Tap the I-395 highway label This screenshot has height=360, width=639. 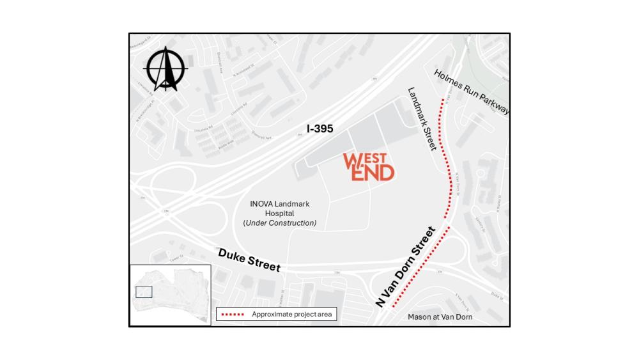pyautogui.click(x=319, y=129)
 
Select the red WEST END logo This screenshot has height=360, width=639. pyautogui.click(x=369, y=167)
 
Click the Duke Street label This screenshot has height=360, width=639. pyautogui.click(x=249, y=260)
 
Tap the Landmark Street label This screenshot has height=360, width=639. pyautogui.click(x=422, y=119)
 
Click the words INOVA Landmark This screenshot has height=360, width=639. pyautogui.click(x=279, y=204)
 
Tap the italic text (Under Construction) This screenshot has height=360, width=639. pyautogui.click(x=279, y=223)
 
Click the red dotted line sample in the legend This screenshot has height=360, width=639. pyautogui.click(x=232, y=315)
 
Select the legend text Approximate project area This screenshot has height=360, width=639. pyautogui.click(x=291, y=315)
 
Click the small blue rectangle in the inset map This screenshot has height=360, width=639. pyautogui.click(x=144, y=292)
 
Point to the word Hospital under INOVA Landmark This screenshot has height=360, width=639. pyautogui.click(x=279, y=214)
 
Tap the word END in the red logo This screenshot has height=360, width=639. pyautogui.click(x=376, y=173)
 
